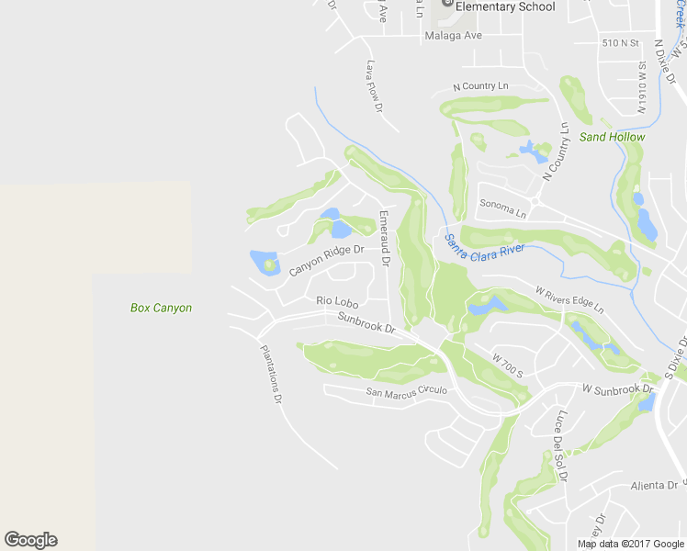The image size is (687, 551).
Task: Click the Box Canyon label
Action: pos(161,308)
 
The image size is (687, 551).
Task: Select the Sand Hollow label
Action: pos(612,137)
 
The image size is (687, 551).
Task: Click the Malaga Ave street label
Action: pos(454,36)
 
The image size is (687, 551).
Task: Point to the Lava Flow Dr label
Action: pos(373,86)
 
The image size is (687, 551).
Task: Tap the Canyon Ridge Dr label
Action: pos(327,260)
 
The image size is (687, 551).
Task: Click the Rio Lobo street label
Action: pos(336,300)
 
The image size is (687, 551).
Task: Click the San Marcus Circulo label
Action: pos(407,391)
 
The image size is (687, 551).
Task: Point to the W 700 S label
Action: pos(506,365)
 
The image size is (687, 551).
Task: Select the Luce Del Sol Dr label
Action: pos(559,446)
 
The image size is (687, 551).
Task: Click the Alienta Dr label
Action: pos(654,485)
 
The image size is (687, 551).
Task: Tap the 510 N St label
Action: pos(620,43)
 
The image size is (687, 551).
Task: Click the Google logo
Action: pos(30,540)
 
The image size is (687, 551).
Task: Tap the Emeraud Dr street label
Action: pos(385,238)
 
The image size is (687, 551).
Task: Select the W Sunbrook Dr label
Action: pos(617,389)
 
